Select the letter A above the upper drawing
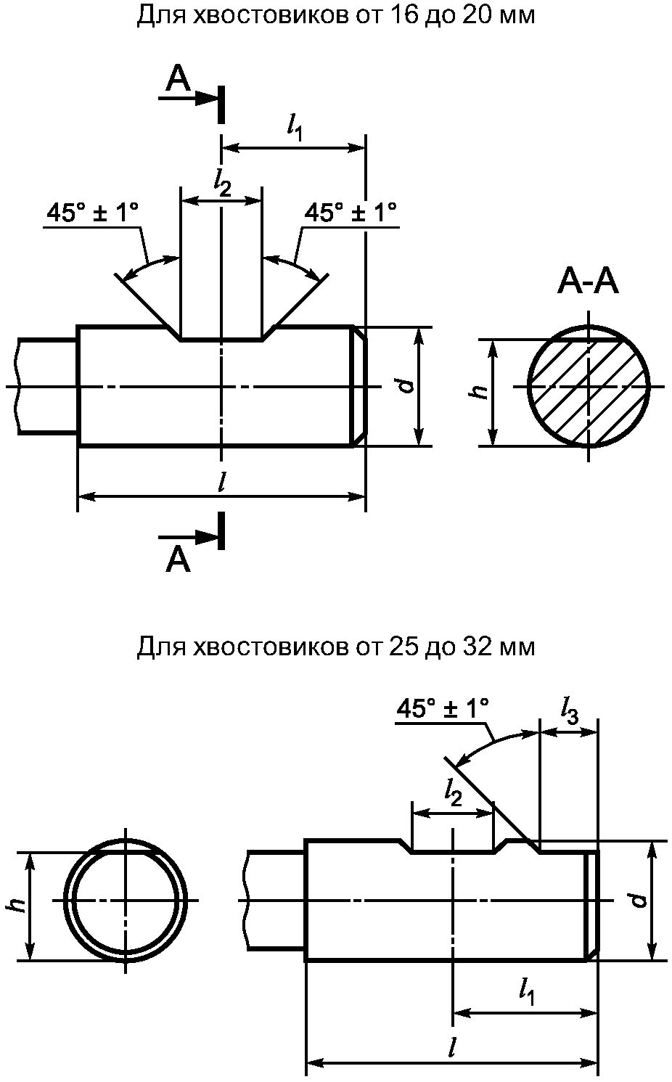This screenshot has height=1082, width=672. tap(179, 80)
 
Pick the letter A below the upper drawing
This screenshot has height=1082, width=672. tap(178, 560)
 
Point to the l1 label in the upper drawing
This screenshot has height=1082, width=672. tap(294, 128)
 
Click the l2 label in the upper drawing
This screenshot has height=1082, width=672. tap(222, 183)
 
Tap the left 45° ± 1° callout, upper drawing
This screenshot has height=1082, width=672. tap(93, 213)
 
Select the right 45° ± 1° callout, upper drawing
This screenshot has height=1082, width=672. tap(351, 213)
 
